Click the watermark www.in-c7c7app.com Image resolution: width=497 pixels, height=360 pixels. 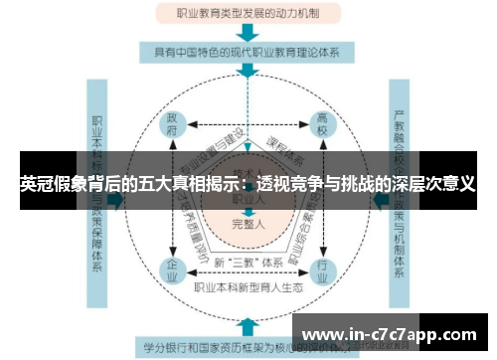click(x=393, y=333)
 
